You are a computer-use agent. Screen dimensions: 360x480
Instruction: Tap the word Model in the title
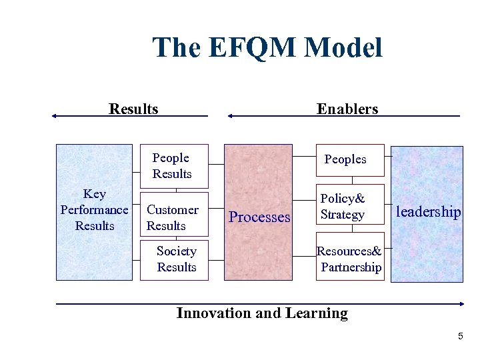[x=345, y=48]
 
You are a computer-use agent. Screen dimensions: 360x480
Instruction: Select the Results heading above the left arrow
[x=133, y=109]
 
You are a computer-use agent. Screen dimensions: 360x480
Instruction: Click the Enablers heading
[x=347, y=109]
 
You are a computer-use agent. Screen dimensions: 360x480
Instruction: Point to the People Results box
[x=173, y=166]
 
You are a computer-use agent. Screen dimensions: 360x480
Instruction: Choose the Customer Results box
[x=173, y=217]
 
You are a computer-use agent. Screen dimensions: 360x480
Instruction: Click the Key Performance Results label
[x=94, y=210]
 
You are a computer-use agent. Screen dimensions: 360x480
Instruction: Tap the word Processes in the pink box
[x=259, y=217]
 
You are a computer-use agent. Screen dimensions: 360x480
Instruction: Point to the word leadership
[x=428, y=212]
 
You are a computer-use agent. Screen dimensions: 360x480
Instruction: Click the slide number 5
[x=460, y=337]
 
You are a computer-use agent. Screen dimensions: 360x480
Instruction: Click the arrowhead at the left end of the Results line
[x=54, y=116]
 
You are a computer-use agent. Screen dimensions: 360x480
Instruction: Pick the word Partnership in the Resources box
[x=351, y=267]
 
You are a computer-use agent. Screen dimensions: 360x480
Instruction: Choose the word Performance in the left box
[x=94, y=210]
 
